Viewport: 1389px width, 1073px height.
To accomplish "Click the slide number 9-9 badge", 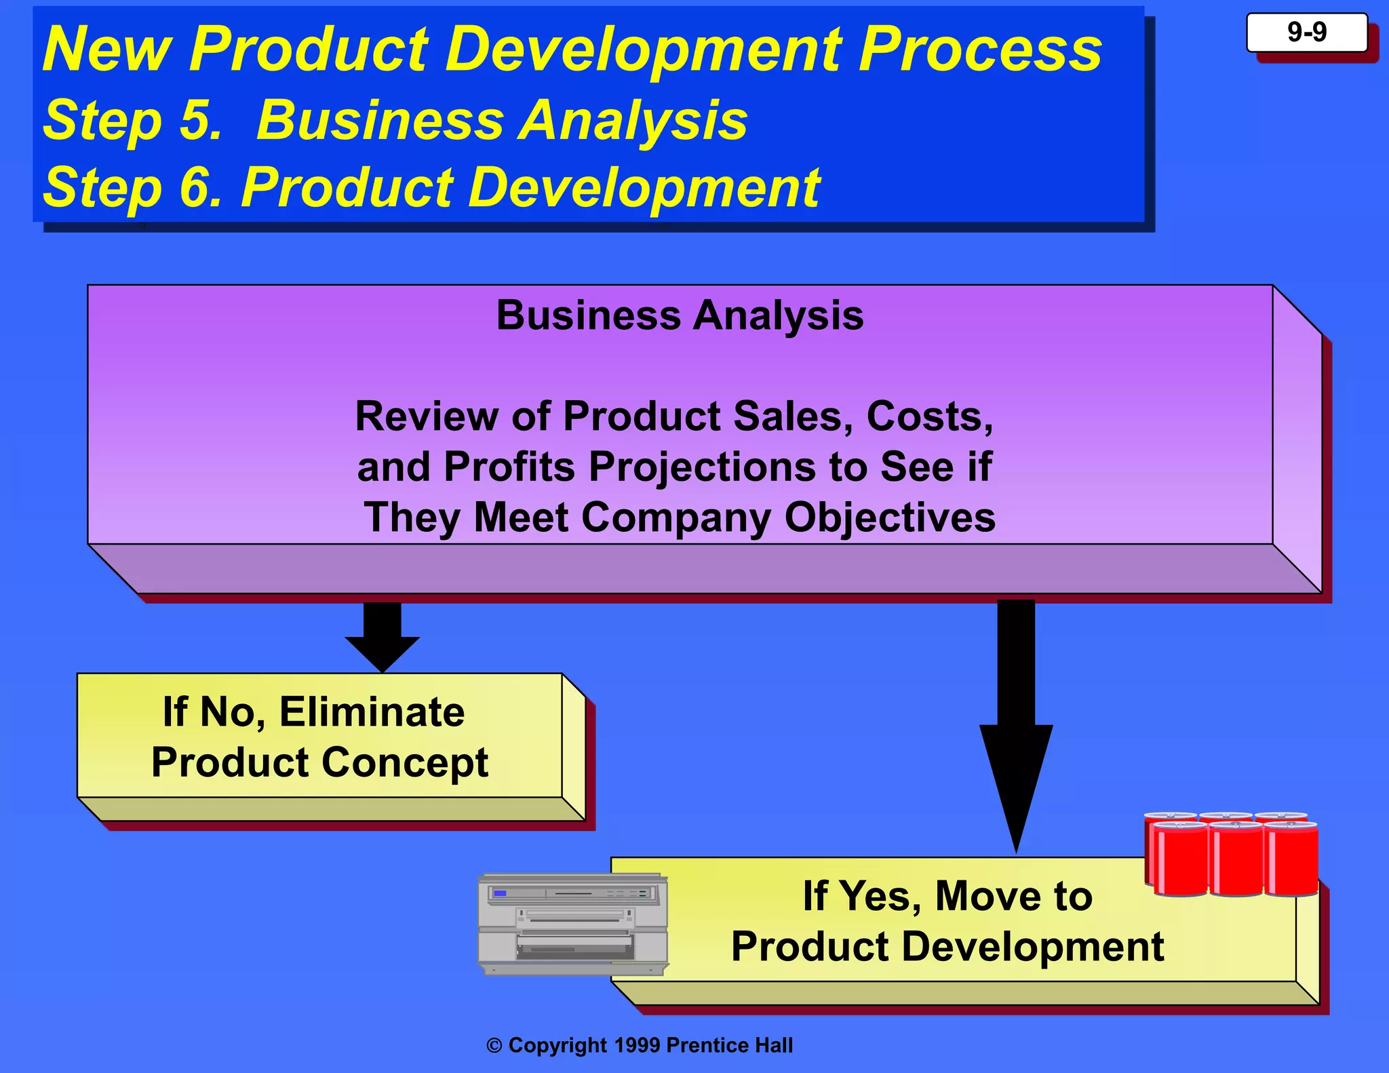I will [1306, 33].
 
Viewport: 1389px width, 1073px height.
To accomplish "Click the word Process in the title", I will [980, 50].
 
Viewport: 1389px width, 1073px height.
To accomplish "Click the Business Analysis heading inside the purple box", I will [680, 315].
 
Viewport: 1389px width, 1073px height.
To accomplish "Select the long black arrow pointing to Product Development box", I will [1016, 726].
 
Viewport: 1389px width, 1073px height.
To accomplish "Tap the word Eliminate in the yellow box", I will [372, 712].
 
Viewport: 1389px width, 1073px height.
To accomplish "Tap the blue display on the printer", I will [501, 893].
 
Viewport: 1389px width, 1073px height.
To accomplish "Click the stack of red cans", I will [1231, 855].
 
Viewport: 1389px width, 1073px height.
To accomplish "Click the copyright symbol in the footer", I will [494, 1046].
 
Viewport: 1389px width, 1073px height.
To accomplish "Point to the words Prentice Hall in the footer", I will [730, 1045].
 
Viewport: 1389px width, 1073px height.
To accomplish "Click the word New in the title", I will [107, 50].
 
